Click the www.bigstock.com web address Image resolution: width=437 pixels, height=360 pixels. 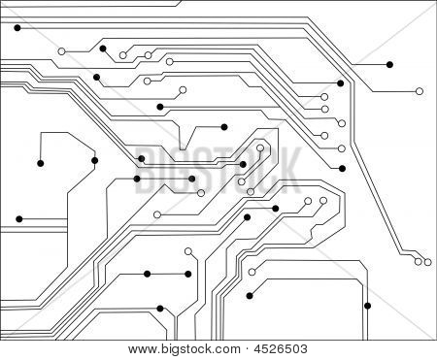pos(185,349)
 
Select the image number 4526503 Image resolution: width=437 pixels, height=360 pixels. pos(281,349)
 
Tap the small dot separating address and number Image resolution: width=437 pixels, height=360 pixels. pos(248,349)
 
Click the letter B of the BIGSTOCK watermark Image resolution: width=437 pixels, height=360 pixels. pos(145,170)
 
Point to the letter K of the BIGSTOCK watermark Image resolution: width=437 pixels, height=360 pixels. pos(286,170)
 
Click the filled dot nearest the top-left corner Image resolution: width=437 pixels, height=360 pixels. pos(17,28)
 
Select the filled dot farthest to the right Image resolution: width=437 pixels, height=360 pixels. pos(389,65)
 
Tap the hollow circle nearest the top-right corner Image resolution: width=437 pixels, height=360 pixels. pos(420,91)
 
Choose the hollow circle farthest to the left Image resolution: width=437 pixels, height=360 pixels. pos(61,51)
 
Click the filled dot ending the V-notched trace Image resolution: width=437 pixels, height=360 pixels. pos(224,127)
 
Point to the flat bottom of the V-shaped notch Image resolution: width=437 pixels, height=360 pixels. pos(183,149)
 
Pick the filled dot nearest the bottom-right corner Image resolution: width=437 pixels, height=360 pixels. pos(367,306)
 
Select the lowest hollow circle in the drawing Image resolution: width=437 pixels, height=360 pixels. pos(252,272)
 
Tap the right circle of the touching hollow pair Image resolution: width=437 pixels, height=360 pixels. pos(427,262)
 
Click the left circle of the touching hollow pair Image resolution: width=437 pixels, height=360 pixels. pos(419,261)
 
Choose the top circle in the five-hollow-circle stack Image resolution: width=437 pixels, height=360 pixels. pos(324,97)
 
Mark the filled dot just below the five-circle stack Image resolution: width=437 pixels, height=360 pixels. pos(342,169)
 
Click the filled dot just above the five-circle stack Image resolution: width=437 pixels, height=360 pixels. pos(340,83)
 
